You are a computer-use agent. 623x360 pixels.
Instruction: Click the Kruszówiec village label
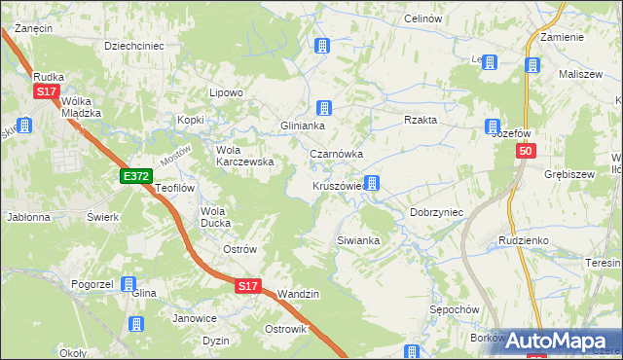coord(338,185)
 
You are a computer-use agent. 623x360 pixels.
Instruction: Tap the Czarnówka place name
coord(336,154)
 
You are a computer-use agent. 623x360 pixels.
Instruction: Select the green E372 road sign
coord(135,175)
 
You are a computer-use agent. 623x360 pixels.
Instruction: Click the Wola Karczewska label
coord(244,156)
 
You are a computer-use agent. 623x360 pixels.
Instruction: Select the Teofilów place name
coord(176,188)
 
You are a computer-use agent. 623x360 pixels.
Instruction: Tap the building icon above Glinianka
coord(324,107)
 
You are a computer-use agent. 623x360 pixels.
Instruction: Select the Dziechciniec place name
coord(133,45)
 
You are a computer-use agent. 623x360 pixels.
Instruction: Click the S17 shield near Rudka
coord(46,91)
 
